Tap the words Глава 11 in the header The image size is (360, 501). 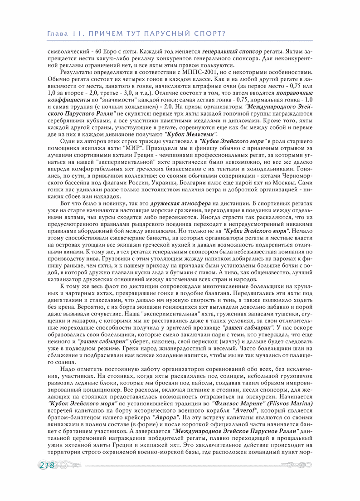click(64, 34)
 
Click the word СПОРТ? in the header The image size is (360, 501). click(211, 34)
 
